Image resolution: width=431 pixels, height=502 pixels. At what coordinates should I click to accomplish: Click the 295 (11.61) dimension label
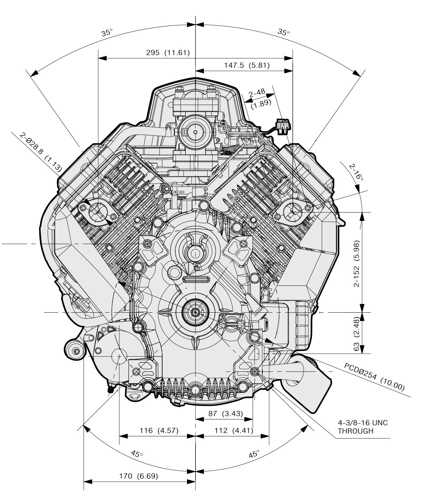168,53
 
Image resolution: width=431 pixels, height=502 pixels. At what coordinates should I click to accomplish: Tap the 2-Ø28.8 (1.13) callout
41,152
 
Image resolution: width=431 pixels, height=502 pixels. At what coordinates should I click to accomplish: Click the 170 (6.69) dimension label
139,476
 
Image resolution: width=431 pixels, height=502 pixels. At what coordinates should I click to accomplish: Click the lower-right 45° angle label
254,454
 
